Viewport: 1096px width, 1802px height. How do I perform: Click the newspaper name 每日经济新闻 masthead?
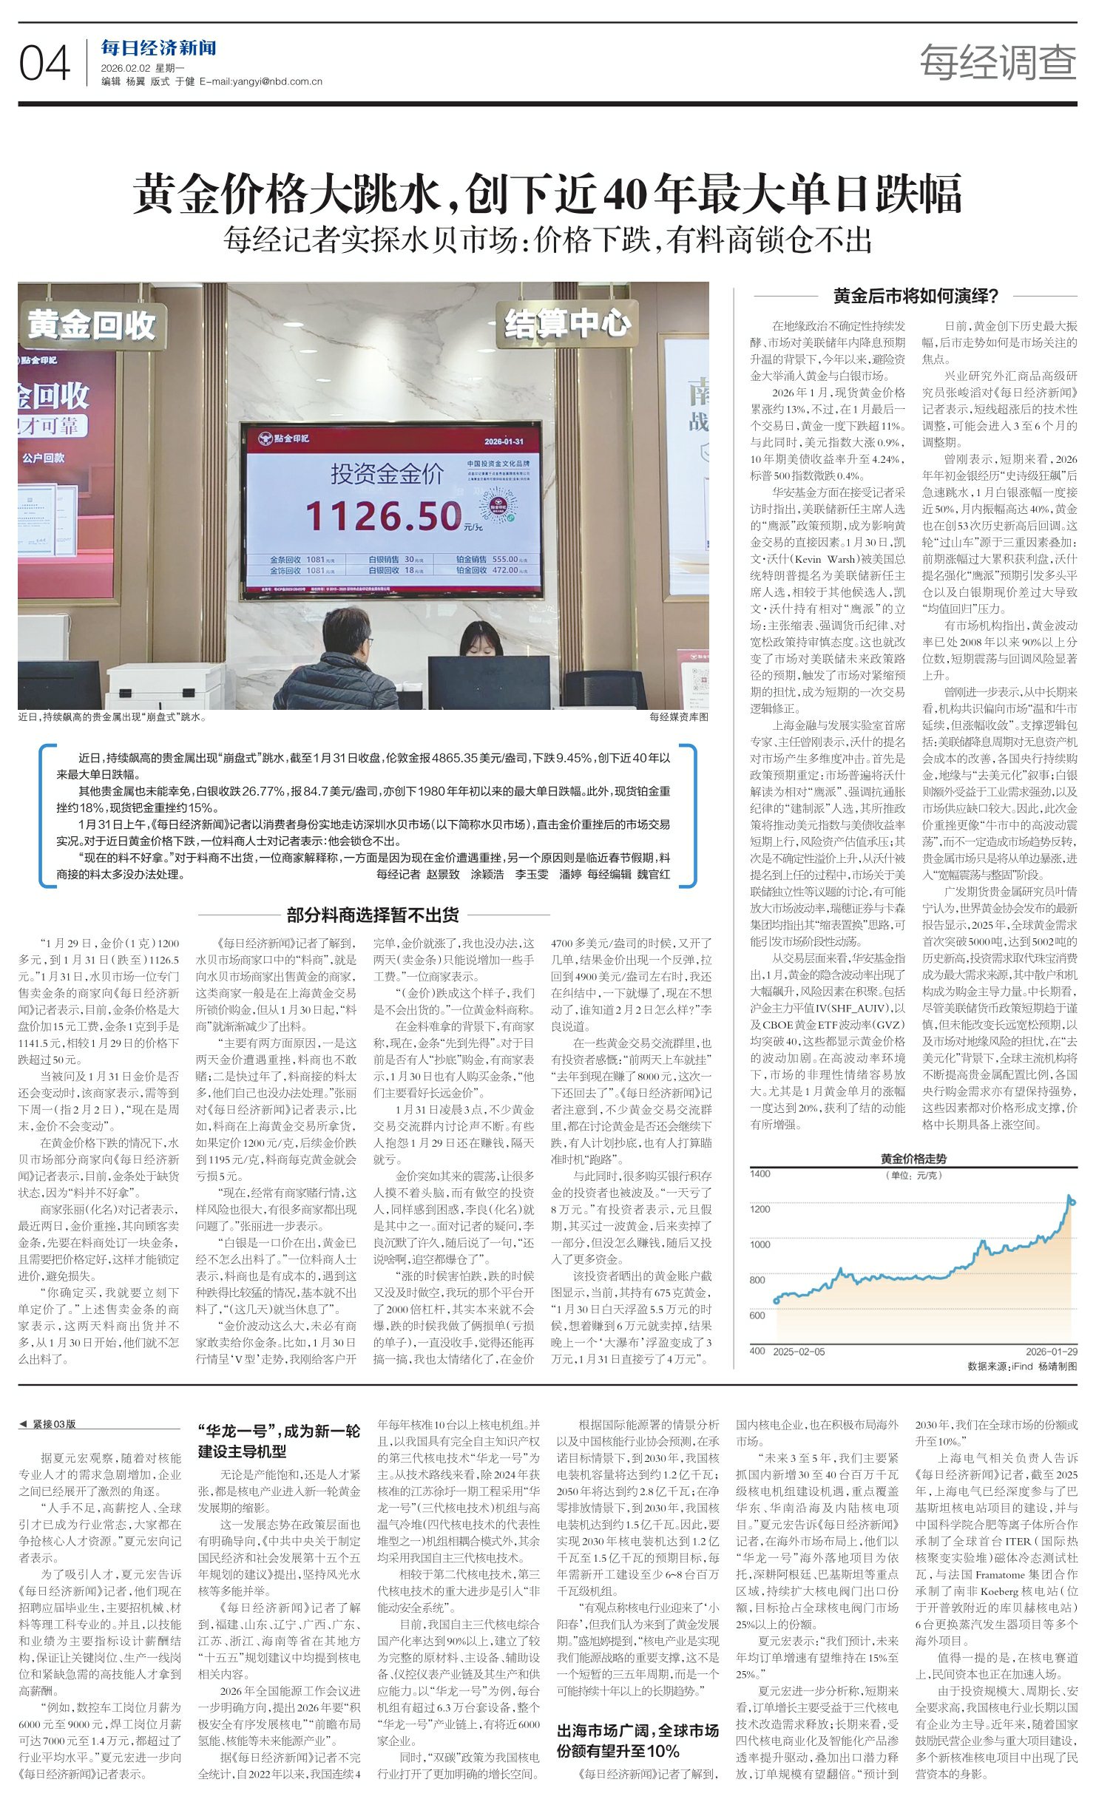(158, 49)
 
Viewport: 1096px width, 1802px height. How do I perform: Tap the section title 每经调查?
(998, 62)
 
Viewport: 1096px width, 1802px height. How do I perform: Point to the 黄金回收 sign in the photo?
(92, 325)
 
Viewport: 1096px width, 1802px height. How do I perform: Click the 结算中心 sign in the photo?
(567, 323)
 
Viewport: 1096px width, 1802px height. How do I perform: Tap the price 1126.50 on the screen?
(384, 515)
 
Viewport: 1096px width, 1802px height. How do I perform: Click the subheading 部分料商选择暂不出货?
(373, 915)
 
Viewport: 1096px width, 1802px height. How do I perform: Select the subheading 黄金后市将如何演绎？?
(916, 297)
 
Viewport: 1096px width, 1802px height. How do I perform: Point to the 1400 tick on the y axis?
(760, 1173)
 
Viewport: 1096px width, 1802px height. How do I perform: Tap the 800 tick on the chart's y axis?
(757, 1279)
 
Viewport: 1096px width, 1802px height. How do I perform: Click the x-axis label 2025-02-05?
(799, 1351)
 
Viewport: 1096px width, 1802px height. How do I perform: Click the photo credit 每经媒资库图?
(678, 717)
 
